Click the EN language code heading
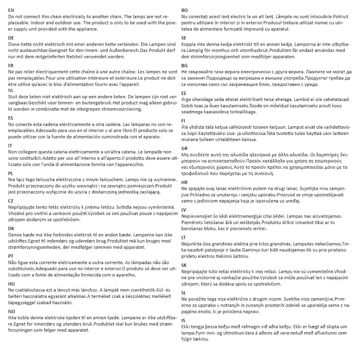click(11, 10)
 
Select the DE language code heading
click(11, 38)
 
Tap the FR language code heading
click(11, 65)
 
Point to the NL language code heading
click(11, 90)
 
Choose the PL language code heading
click(11, 173)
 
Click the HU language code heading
click(11, 283)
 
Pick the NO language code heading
click(12, 311)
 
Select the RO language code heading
click(185, 10)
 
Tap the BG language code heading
click(185, 65)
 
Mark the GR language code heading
click(185, 148)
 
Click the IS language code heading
click(184, 320)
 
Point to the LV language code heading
click(184, 210)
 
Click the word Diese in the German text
click(14, 44)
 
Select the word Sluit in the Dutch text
click(14, 96)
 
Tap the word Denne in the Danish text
click(15, 234)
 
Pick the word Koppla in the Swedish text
click(189, 44)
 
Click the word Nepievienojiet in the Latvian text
click(198, 216)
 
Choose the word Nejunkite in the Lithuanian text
click(193, 244)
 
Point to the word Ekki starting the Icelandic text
click(186, 327)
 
